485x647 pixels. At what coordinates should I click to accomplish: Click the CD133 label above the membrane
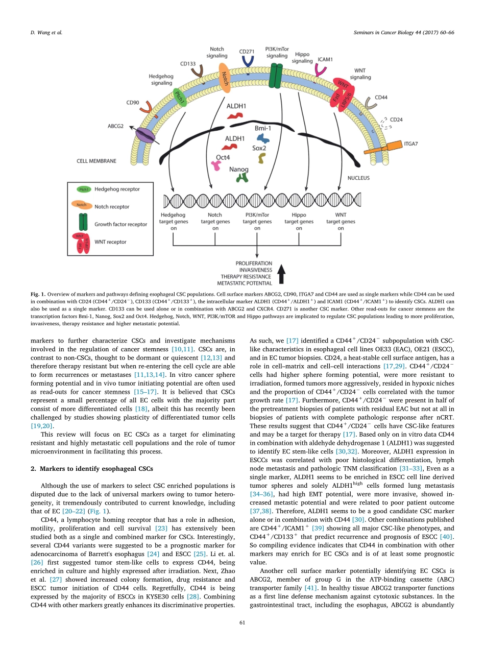click(188, 64)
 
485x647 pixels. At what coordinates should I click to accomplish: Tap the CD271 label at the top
click(248, 52)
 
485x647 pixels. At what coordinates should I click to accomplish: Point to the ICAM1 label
click(325, 59)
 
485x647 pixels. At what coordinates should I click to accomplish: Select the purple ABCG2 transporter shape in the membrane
click(145, 135)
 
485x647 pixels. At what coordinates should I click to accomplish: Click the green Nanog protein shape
click(241, 177)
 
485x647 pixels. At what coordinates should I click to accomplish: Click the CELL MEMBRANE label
click(96, 161)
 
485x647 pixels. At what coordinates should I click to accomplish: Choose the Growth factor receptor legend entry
click(120, 224)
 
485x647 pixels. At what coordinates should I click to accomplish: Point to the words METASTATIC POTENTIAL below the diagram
click(245, 282)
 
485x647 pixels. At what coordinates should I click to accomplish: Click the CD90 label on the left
click(133, 103)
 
